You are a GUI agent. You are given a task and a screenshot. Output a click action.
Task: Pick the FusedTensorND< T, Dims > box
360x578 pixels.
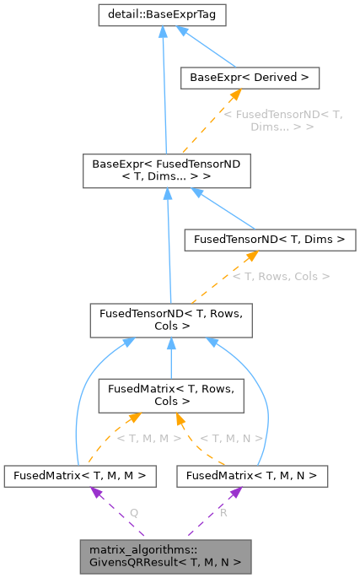point(268,240)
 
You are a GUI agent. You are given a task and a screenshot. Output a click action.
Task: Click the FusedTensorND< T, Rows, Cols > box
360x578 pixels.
point(169,318)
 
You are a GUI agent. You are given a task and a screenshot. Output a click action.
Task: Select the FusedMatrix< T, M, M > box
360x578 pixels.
point(79,476)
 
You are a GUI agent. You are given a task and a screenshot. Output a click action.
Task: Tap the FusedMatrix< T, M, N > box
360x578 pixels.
point(252,476)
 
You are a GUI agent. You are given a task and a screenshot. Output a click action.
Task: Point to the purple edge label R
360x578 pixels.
point(223,512)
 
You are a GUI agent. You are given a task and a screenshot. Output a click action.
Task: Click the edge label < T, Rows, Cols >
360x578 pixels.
point(280,276)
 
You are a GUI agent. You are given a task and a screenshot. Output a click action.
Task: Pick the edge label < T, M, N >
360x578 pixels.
point(232,438)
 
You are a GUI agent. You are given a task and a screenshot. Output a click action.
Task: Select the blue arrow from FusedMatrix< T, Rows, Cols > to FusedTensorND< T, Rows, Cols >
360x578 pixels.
point(169,359)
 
